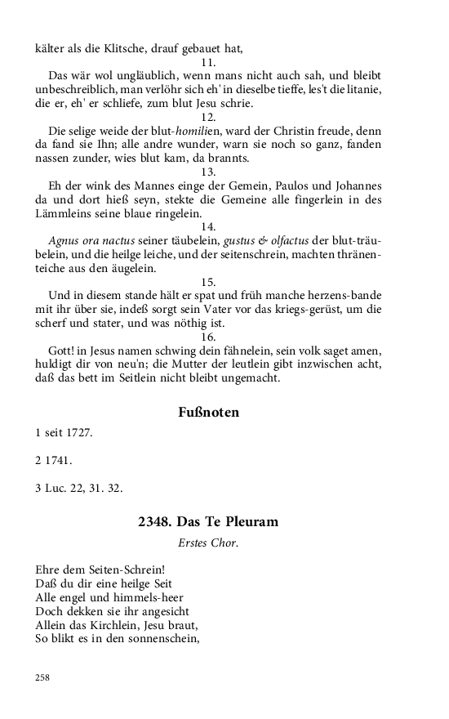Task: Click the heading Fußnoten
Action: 208,413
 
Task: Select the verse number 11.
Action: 208,63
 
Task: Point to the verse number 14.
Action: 208,226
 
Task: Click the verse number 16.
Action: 208,336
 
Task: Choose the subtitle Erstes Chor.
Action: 208,542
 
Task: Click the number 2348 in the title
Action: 155,522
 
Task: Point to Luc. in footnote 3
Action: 56,488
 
